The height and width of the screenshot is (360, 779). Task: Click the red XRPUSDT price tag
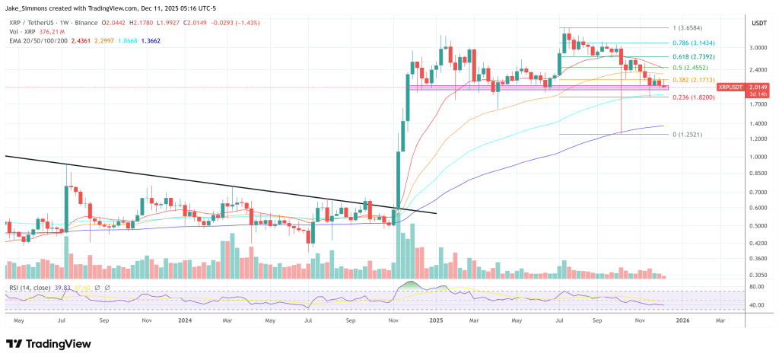(x=728, y=88)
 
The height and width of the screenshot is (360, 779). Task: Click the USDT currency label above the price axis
(x=758, y=24)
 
